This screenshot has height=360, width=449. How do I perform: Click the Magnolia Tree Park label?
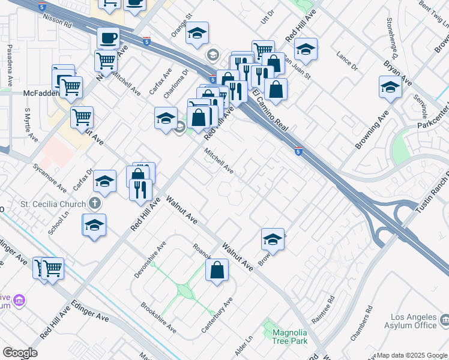[x=289, y=337]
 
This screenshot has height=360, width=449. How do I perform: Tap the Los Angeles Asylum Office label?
[x=414, y=321]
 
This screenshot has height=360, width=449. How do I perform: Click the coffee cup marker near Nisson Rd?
[x=108, y=38]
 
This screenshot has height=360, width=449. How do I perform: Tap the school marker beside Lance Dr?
[x=306, y=50]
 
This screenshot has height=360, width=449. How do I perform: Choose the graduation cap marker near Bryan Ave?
[x=390, y=88]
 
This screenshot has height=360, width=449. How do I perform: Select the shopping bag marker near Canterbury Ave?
[x=217, y=270]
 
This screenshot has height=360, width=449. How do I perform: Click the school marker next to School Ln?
[x=94, y=226]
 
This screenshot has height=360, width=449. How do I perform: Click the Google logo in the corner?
[x=20, y=353]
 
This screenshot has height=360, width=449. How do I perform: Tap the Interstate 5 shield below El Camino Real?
[x=298, y=152]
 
